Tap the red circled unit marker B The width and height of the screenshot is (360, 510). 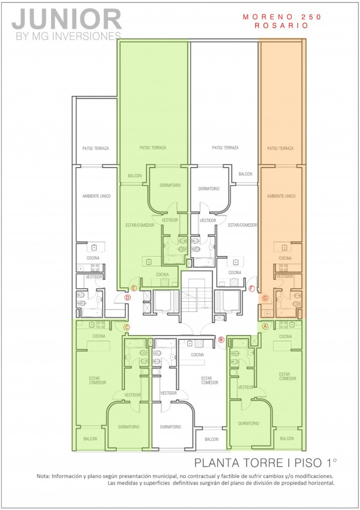(x=221, y=339)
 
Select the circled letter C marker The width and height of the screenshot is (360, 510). (x=127, y=327)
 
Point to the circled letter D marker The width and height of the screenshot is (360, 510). (x=128, y=297)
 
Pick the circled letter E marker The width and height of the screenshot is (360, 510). (x=134, y=288)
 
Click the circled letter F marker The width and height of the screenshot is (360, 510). (x=252, y=288)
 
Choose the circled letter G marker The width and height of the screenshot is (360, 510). (x=265, y=297)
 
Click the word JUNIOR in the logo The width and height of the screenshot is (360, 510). (x=67, y=20)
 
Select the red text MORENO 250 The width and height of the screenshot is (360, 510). (x=282, y=17)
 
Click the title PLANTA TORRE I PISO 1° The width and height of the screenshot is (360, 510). (x=266, y=462)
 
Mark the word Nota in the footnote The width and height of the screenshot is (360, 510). (x=43, y=476)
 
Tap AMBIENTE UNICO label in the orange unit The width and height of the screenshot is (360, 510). (x=281, y=196)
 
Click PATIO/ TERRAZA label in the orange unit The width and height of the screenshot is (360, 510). (x=280, y=148)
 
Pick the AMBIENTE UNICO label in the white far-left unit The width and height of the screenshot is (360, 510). (x=96, y=196)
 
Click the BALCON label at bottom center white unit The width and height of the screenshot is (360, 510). (x=211, y=439)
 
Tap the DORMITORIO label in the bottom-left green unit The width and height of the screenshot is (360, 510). (x=129, y=427)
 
